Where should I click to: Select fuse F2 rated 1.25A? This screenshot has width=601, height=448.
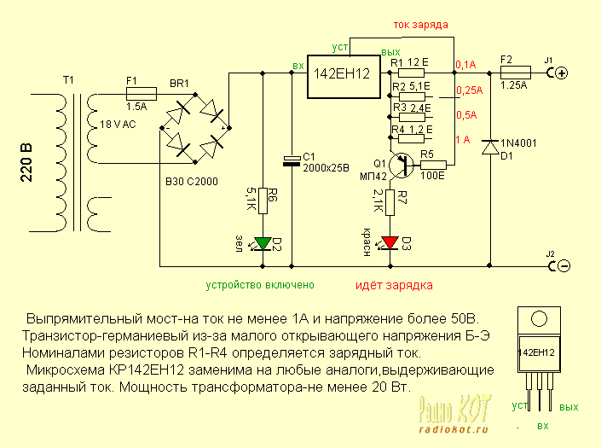coord(513,73)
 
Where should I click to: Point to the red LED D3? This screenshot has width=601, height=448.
coord(390,241)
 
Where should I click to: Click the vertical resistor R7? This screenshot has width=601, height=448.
coord(390,202)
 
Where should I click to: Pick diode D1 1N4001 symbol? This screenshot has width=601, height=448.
coord(489,147)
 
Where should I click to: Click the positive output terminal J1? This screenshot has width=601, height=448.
coord(561,73)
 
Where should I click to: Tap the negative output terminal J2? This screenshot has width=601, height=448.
coord(561,266)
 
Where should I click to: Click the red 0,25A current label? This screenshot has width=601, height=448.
coord(469,90)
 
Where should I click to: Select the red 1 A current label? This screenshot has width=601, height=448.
coord(464,139)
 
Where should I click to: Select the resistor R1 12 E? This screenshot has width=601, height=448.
coord(405,73)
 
